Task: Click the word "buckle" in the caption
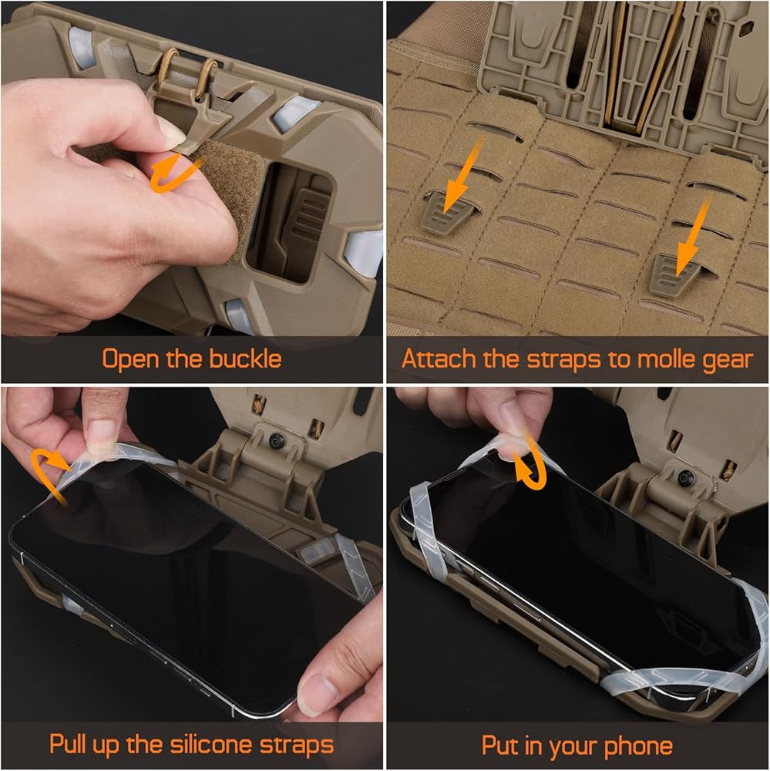245,359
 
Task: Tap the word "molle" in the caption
667,359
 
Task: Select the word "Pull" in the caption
69,744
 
